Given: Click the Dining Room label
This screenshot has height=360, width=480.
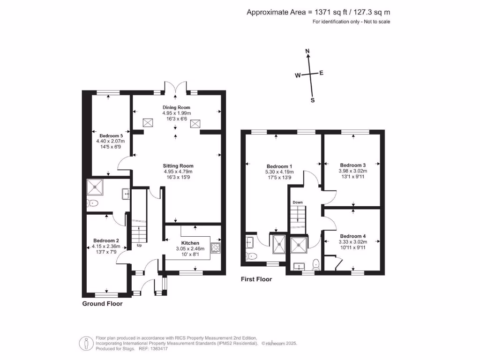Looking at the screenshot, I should tap(176, 107).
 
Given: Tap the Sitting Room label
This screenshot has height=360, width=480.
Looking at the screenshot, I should tap(178, 166).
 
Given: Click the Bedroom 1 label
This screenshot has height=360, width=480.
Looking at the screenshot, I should tap(279, 166).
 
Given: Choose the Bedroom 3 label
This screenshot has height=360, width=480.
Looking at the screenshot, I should tap(353, 165).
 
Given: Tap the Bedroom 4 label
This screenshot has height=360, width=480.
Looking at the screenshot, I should tap(353, 236).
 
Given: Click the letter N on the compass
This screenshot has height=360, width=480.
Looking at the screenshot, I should tap(307, 51).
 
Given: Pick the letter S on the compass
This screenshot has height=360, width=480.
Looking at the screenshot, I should tap(313, 100).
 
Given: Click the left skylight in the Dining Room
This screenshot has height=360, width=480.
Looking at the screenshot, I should tap(149, 123).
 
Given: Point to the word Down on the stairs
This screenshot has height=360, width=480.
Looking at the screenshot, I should tap(297, 202).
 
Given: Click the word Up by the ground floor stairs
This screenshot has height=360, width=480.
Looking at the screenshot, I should tap(139, 245).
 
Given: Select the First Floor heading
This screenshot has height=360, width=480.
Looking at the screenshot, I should tap(256, 279).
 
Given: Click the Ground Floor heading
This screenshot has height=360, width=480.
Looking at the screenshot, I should tap(102, 304).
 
